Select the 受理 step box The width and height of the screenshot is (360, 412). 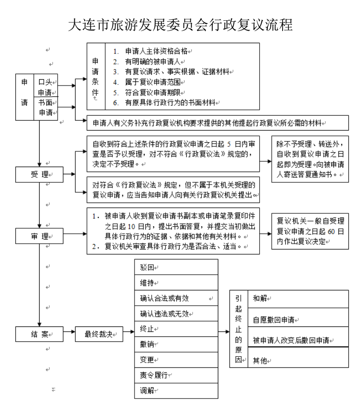click(x=40, y=174)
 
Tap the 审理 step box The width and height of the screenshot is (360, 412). click(x=40, y=235)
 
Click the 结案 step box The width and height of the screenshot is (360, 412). click(x=40, y=334)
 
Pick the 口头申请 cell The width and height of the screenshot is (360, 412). click(x=47, y=87)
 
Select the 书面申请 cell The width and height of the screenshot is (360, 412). click(x=47, y=107)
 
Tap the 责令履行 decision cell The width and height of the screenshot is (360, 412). click(x=176, y=375)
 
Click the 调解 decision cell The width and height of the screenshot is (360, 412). click(x=176, y=390)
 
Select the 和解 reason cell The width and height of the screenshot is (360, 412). click(x=297, y=298)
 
